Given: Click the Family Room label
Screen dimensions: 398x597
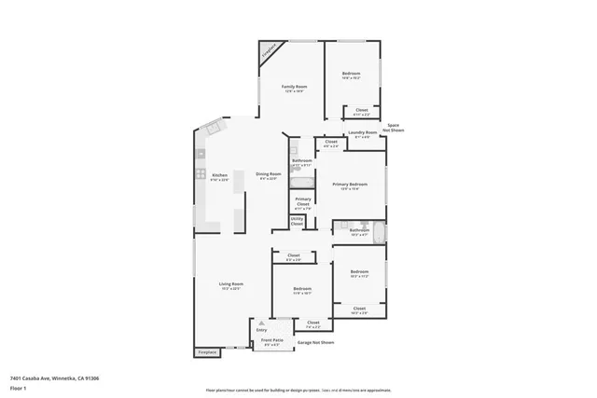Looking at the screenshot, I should point(295,88).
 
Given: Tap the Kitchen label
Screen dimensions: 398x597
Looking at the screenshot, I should point(219,175).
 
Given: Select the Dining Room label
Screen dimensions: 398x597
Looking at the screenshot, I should point(269,174).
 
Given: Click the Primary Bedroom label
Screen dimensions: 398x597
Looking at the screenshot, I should point(350,185).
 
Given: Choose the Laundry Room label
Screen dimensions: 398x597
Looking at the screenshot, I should point(363,133).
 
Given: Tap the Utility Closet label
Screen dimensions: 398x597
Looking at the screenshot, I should point(298,223).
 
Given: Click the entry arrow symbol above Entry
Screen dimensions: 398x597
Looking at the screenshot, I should point(261,323).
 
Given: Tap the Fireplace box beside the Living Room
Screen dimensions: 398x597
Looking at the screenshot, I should point(207,352).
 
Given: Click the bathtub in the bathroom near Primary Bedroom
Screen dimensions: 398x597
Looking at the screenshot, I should point(377,232).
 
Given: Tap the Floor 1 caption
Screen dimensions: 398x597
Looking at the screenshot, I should point(18,386).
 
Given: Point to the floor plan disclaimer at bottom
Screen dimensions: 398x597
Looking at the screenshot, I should point(299,391).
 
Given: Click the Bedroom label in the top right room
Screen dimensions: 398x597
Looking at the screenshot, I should point(351,75).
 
